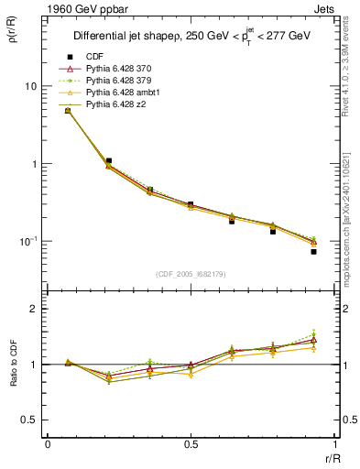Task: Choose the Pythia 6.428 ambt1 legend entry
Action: point(122,93)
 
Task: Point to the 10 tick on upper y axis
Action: point(29,86)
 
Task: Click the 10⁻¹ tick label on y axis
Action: point(27,242)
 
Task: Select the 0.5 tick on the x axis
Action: point(190,443)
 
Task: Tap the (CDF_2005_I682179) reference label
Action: point(190,275)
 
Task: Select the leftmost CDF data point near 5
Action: point(68,111)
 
